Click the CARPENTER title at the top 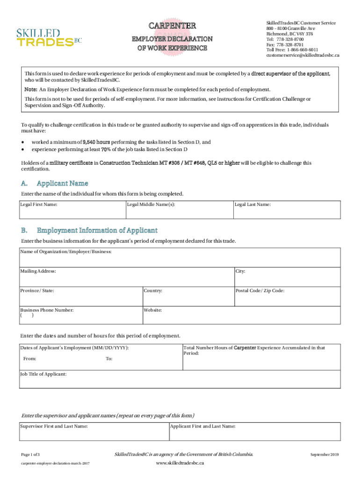172,26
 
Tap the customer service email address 302,55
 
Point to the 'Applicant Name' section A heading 62,183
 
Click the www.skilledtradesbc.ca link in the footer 180,463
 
